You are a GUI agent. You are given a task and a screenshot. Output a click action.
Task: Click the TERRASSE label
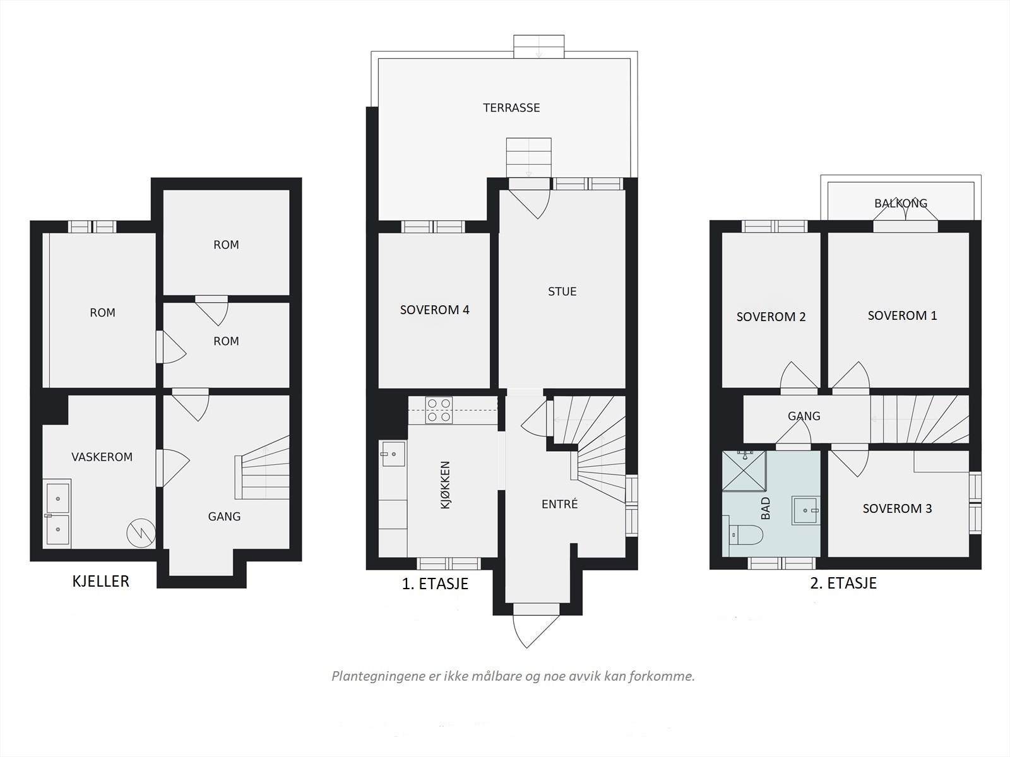click(x=511, y=107)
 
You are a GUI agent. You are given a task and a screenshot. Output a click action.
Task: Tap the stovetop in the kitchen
click(x=439, y=410)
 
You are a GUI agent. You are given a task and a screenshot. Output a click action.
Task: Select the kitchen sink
click(x=393, y=454)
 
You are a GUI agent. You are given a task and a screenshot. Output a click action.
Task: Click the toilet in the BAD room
click(x=746, y=535)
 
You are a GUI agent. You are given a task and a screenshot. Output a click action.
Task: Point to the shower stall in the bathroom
click(x=744, y=471)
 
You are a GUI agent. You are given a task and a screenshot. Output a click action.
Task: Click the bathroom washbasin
click(x=805, y=510)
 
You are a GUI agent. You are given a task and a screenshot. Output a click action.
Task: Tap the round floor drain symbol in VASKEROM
click(x=141, y=533)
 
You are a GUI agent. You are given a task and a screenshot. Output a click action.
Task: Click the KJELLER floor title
click(x=101, y=582)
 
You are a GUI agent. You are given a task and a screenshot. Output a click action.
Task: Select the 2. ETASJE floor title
click(x=843, y=584)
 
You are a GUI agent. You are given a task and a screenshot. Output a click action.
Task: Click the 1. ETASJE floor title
click(x=435, y=584)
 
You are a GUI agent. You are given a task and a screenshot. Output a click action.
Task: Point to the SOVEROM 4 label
click(x=435, y=310)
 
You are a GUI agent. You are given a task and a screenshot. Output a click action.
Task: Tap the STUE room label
click(x=562, y=291)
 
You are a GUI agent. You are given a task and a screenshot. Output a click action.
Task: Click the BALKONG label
click(x=901, y=203)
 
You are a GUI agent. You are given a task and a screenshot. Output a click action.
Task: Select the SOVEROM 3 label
click(x=897, y=508)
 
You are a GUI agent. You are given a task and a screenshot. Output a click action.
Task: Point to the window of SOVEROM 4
click(x=432, y=226)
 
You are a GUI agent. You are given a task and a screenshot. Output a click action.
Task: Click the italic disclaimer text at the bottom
click(x=513, y=676)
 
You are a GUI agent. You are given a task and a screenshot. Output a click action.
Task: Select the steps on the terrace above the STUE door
click(x=529, y=157)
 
